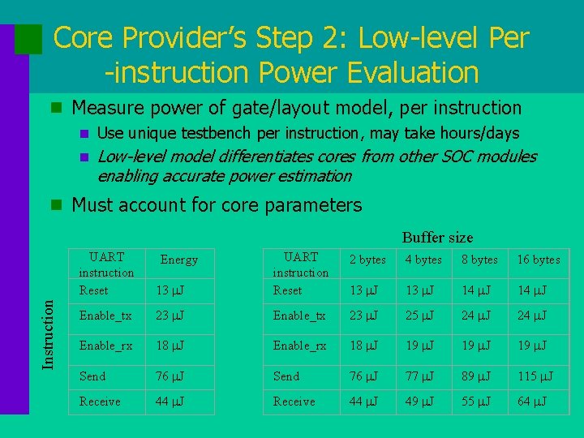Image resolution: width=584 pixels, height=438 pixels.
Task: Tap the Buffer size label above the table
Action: [437, 238]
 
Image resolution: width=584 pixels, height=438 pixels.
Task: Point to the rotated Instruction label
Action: [49, 333]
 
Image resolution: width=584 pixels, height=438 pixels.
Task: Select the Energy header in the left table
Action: [178, 260]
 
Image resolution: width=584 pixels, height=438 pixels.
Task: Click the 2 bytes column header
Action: [367, 260]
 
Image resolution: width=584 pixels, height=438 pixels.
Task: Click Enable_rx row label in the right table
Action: [299, 346]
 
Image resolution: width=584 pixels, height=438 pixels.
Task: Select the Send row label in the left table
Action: [92, 376]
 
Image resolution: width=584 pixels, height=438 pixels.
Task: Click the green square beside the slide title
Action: [28, 38]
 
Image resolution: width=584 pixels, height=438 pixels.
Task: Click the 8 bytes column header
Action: [479, 260]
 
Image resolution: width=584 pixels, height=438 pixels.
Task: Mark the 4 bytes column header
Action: [423, 260]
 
